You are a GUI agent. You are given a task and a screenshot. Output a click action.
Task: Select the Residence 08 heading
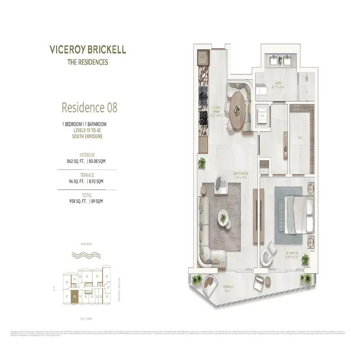point(89,108)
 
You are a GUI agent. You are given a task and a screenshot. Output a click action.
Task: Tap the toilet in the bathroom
point(261,92)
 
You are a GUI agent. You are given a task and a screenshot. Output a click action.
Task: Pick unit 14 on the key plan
point(107,297)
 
